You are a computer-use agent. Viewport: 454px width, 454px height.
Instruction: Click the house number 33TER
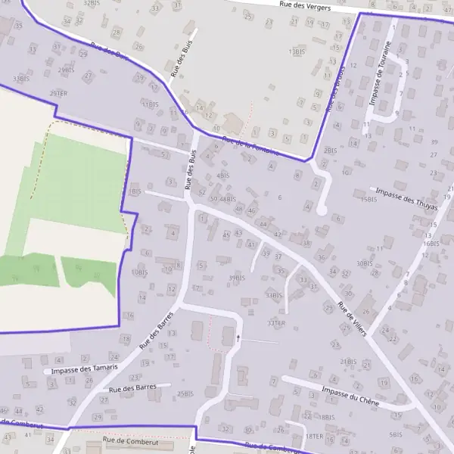coord(275,323)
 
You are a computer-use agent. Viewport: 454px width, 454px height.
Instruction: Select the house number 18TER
coord(314,437)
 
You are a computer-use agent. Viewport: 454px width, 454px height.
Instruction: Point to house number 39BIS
coord(237,278)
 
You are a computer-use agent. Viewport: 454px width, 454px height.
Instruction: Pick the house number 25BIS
coord(185,393)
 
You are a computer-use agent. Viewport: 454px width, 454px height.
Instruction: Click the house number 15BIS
coord(368,200)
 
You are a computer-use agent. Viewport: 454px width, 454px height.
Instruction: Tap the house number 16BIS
coord(431,244)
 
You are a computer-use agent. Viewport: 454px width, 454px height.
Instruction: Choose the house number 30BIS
coord(364,263)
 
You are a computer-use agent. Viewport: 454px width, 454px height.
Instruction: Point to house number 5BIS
coord(395,434)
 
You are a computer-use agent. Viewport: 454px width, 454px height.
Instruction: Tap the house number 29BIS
coord(67,70)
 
